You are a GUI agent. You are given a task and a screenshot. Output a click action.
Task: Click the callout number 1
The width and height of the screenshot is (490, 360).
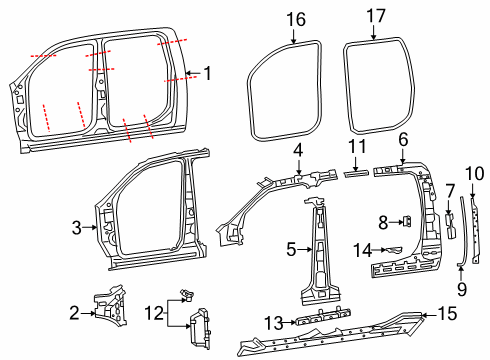(207, 72)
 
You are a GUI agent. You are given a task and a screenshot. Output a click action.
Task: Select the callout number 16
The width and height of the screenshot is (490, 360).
(295, 19)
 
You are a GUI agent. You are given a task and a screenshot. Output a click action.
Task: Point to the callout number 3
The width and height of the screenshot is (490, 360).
(75, 228)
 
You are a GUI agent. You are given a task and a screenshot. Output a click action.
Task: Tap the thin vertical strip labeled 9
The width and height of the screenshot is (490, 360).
(460, 232)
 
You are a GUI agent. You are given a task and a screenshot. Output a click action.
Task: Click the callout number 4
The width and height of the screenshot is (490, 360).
(297, 150)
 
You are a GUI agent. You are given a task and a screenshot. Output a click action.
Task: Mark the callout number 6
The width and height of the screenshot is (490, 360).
(403, 139)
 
